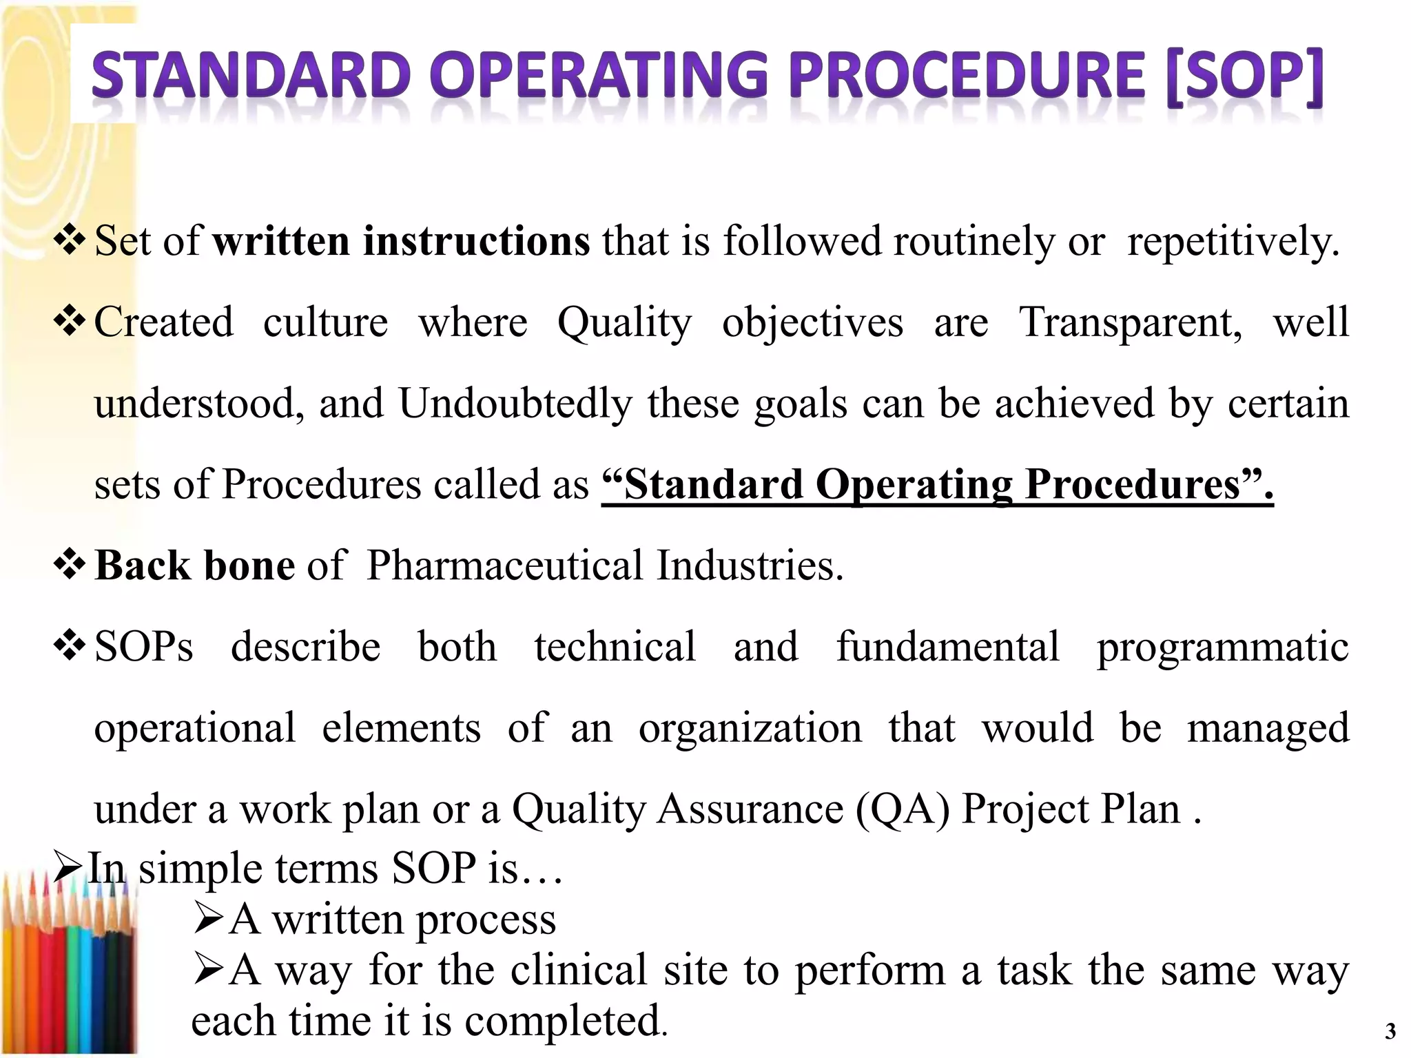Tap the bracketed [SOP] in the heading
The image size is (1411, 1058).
point(1245,76)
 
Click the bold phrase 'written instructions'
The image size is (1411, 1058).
point(401,241)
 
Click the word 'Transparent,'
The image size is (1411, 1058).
point(1131,322)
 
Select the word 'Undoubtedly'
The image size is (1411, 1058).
point(515,404)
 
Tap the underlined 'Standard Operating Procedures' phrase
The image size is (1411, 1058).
point(937,484)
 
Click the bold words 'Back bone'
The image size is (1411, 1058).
point(195,566)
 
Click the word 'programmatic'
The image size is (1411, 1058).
point(1223,647)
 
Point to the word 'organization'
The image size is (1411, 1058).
point(750,729)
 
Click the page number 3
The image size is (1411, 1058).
point(1390,1031)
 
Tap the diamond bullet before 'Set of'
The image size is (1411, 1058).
point(70,240)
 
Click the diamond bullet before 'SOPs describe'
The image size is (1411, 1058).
point(70,646)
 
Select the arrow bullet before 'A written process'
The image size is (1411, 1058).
point(208,919)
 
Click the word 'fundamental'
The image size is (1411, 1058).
point(948,647)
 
